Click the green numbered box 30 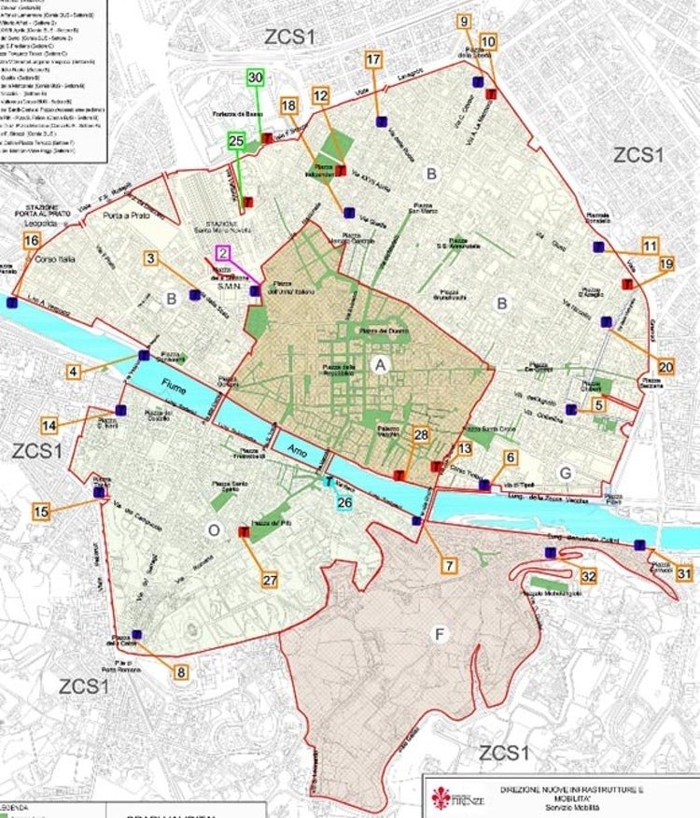pyautogui.click(x=256, y=78)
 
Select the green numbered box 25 pyautogui.click(x=236, y=140)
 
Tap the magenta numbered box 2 pyautogui.click(x=223, y=252)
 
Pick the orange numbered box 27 pyautogui.click(x=270, y=580)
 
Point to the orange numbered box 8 pyautogui.click(x=180, y=671)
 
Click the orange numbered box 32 pyautogui.click(x=588, y=576)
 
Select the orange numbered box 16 pyautogui.click(x=32, y=241)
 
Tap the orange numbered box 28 pyautogui.click(x=420, y=435)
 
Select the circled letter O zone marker pyautogui.click(x=214, y=529)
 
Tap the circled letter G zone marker pyautogui.click(x=566, y=473)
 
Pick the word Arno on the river pyautogui.click(x=297, y=449)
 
